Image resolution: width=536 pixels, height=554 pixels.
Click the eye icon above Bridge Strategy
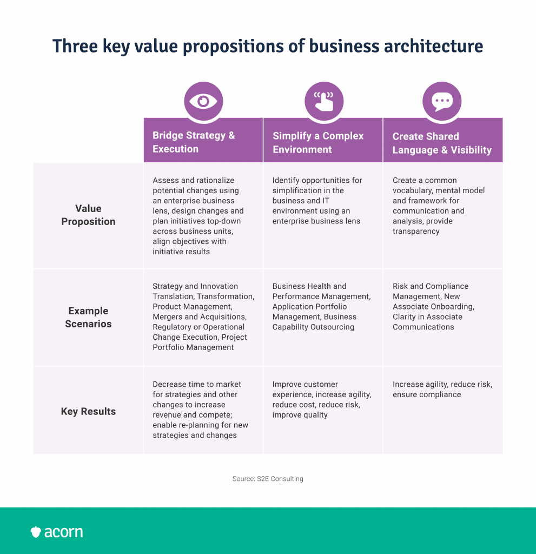pos(203,101)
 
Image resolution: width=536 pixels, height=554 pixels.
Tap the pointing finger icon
pos(324,101)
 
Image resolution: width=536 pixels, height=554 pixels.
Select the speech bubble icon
pos(442,102)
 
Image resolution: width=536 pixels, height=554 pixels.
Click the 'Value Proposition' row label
pos(88,215)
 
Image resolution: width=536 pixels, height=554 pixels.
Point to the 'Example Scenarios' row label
pos(88,317)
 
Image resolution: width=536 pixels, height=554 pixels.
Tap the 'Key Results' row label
pos(88,411)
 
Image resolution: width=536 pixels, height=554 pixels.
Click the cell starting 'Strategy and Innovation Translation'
pos(203,316)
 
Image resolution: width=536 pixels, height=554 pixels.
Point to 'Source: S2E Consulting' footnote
pos(268,479)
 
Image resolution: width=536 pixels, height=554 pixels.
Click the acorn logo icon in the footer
pos(36,532)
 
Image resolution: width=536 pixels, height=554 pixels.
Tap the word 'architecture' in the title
pos(434,46)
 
